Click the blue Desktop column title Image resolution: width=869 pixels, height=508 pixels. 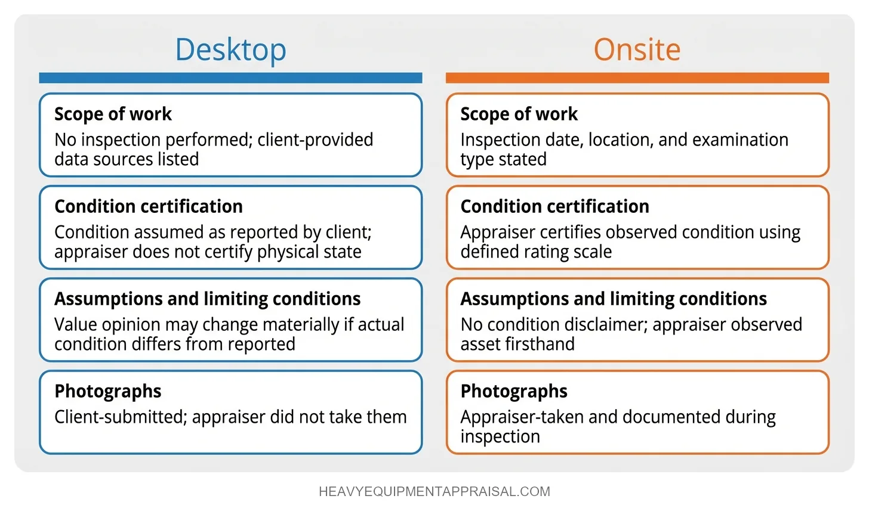tap(230, 49)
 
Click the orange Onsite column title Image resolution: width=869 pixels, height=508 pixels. tap(637, 49)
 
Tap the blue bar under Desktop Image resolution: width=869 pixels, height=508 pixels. tap(230, 78)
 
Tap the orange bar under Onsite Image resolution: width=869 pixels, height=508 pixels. tap(637, 78)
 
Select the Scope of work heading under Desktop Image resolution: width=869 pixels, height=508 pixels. tap(113, 114)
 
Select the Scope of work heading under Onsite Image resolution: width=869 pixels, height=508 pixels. tap(519, 114)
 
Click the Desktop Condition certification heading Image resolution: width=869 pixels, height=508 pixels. tap(149, 206)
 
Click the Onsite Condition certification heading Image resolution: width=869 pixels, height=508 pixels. tap(554, 206)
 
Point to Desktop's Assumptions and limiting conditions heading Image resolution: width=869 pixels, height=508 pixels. tap(207, 299)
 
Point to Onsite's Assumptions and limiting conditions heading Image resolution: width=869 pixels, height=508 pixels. tap(614, 299)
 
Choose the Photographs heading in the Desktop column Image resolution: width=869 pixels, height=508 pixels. tap(108, 391)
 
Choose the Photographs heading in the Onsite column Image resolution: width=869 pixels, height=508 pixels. tap(514, 391)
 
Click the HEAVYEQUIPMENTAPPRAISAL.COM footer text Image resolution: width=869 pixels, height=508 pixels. tap(434, 492)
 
